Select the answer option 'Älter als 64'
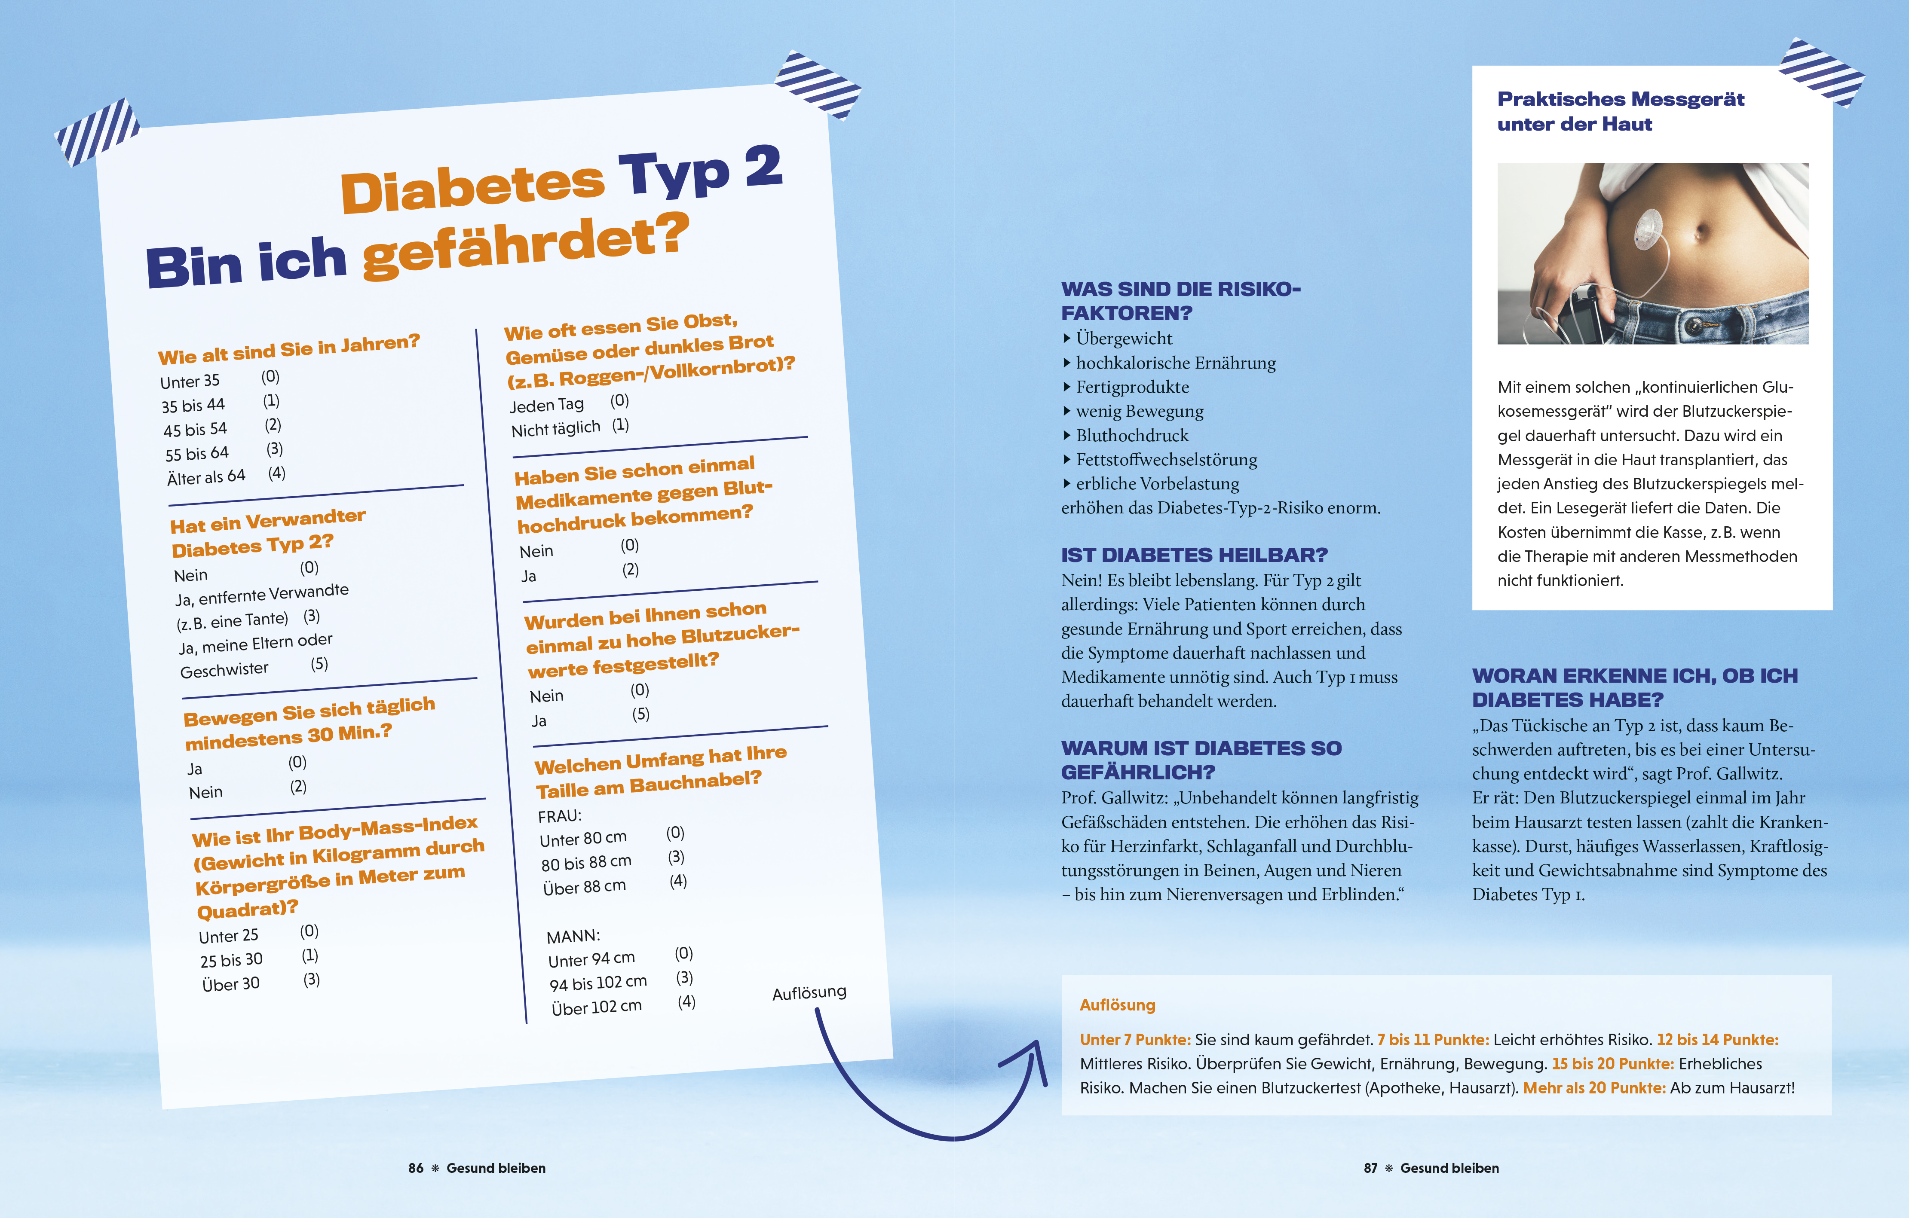point(206,477)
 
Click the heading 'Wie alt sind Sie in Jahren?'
point(288,349)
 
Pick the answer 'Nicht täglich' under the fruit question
point(556,429)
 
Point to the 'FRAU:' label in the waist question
point(560,815)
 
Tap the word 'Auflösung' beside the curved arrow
point(809,992)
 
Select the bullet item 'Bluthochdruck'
point(1132,435)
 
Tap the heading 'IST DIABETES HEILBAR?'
point(1194,555)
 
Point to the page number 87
point(1371,1168)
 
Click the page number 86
point(415,1168)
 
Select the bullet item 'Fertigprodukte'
point(1132,387)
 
